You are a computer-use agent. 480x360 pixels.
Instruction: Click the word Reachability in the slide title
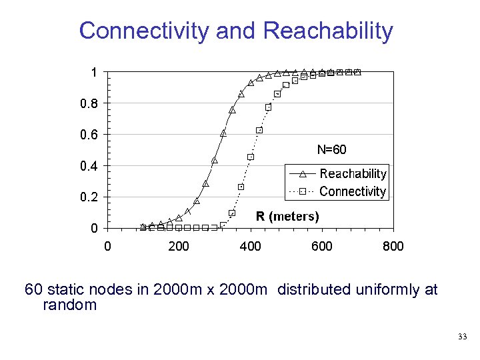coord(328,31)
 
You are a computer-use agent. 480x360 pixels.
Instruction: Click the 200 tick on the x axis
coord(179,247)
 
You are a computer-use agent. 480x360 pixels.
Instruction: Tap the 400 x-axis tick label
coord(250,247)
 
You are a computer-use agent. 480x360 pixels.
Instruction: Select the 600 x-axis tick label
coord(322,247)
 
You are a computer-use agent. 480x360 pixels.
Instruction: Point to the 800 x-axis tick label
coord(393,247)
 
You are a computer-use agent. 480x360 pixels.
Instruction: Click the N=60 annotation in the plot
coord(331,150)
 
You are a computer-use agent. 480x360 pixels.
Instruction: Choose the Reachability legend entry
coord(353,174)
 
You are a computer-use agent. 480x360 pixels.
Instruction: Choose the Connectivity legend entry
coord(353,192)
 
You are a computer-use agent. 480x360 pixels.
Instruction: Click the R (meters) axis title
coord(287,217)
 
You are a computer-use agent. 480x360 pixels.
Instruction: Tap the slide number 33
coord(463,337)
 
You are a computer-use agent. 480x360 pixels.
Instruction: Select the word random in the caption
coord(69,305)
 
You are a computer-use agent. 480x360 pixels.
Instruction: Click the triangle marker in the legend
coord(302,174)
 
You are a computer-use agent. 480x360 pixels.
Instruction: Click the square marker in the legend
coord(302,192)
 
